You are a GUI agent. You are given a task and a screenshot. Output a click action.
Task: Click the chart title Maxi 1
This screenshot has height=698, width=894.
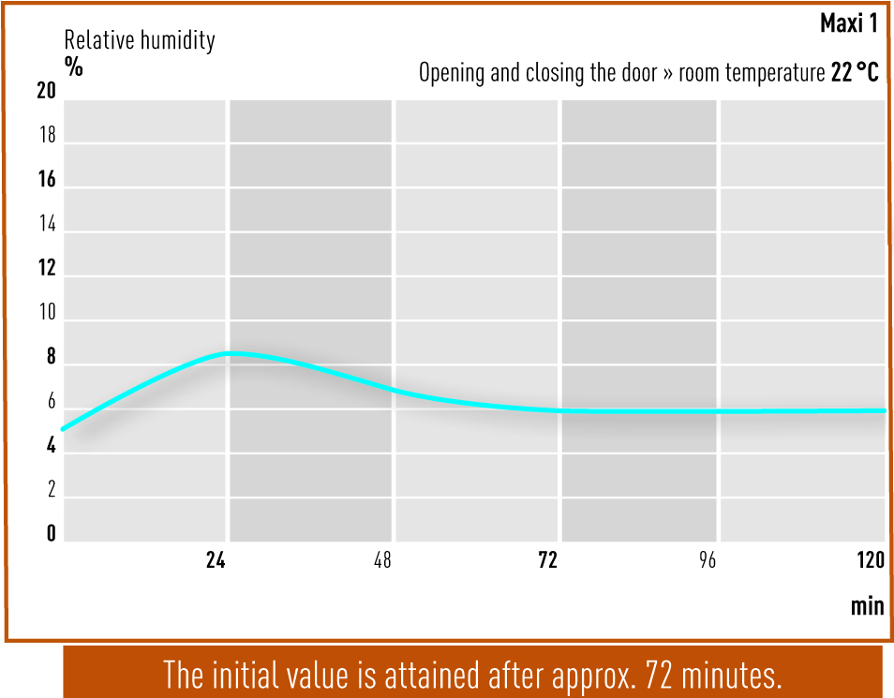coord(848,23)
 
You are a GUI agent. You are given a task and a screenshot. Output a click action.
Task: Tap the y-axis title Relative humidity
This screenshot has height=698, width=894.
coord(140,40)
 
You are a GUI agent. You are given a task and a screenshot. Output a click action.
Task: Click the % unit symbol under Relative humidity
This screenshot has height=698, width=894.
coord(73,67)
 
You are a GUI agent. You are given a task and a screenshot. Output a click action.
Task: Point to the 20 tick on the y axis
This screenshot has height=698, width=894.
coord(46,91)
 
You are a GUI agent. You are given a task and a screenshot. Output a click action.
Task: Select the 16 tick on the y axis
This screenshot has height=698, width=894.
coord(47,180)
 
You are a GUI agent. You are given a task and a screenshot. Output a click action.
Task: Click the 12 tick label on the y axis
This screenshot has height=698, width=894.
coord(47,268)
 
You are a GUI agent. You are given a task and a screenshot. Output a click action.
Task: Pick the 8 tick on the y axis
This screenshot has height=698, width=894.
coord(52,356)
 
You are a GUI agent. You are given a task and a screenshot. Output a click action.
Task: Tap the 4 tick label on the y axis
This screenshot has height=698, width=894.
coord(52,445)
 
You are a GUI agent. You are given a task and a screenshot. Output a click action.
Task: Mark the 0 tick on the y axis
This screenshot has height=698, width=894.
coord(52,533)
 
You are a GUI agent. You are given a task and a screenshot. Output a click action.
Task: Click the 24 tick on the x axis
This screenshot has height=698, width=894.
coord(216,560)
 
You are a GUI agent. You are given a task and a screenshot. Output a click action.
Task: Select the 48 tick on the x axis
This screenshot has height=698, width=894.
coord(382,560)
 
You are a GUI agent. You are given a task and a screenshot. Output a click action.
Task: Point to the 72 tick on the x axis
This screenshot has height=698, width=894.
coord(548,560)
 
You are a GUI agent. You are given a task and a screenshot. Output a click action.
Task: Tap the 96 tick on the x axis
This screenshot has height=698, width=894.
coord(707,560)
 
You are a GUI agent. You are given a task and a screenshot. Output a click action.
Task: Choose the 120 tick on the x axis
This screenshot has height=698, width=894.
coord(871,560)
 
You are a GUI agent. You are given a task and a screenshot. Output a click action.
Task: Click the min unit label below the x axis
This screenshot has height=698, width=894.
coord(867,605)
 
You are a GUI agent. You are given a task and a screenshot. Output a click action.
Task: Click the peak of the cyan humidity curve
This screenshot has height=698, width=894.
coord(231,353)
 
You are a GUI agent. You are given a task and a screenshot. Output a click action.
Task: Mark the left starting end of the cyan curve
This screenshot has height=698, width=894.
coord(64,429)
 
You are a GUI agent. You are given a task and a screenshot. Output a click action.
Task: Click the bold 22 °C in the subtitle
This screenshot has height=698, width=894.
coord(855,72)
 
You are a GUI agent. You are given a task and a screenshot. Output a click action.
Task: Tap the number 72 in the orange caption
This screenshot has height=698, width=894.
coord(659,675)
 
